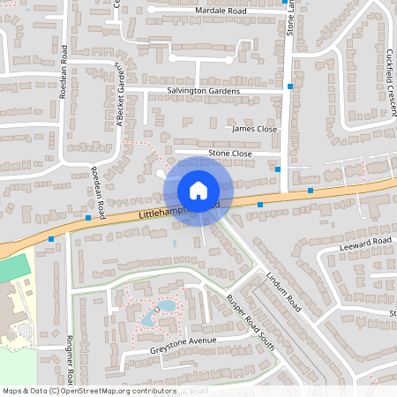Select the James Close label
point(254,129)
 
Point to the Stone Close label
point(230,154)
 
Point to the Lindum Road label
point(283,290)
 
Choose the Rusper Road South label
point(251,321)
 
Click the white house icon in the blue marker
point(198,190)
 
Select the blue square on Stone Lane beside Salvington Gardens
point(290,86)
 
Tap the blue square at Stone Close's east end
point(278,169)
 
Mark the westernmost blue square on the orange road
point(51,239)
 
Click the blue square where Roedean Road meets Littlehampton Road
point(89,217)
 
